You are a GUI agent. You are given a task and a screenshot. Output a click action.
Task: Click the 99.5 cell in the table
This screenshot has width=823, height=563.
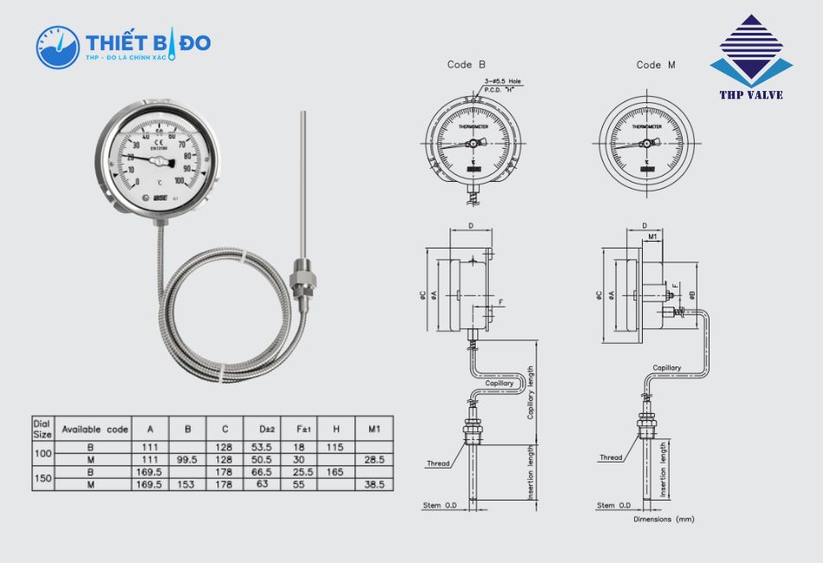tap(187, 459)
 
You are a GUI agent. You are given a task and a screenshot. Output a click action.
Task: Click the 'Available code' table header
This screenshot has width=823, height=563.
tap(95, 429)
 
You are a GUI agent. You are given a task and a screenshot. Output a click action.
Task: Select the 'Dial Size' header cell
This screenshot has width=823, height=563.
tap(42, 429)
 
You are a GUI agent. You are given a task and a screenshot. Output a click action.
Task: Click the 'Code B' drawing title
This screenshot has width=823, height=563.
tap(466, 65)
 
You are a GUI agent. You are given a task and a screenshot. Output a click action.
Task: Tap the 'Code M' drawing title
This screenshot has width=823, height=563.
tap(656, 65)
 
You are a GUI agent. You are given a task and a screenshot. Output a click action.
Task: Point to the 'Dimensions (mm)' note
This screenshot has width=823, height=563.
tap(664, 519)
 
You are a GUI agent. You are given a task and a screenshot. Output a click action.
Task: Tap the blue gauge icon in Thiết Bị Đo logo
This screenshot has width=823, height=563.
tap(57, 47)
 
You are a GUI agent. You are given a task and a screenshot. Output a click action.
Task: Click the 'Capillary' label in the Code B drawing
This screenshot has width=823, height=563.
tap(499, 383)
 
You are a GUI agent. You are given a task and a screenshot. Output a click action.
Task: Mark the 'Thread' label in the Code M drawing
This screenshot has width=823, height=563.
tap(612, 457)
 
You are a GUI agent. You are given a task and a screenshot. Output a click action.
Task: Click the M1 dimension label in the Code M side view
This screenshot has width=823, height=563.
tap(653, 236)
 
